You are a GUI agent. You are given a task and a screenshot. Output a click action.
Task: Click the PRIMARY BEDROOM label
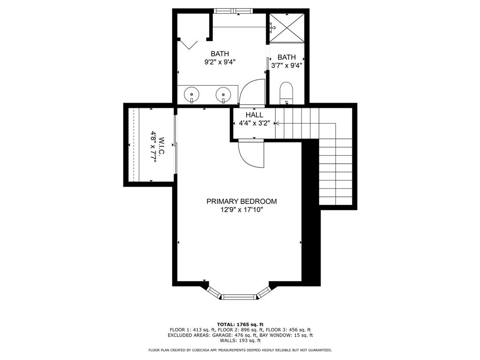click(x=241, y=201)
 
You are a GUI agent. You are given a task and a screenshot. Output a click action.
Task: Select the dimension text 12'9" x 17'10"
click(x=241, y=210)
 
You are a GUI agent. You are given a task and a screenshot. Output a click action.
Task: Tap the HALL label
click(x=254, y=115)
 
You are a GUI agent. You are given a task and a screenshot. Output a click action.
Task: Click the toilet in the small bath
click(x=285, y=93)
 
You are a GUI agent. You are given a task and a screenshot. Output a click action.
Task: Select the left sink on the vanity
click(x=192, y=95)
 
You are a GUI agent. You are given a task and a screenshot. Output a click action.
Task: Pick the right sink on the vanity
click(x=224, y=96)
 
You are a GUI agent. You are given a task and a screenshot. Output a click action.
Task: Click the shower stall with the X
click(x=286, y=28)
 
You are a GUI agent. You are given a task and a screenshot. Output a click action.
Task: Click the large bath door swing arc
click(x=252, y=91)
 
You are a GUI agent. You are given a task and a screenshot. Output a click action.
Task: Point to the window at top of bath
click(x=233, y=11)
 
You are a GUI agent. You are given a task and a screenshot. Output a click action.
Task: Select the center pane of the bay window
click(x=239, y=296)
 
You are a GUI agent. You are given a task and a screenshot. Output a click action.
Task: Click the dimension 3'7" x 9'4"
click(x=286, y=66)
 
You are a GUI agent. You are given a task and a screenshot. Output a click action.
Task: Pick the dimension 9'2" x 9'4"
click(x=219, y=61)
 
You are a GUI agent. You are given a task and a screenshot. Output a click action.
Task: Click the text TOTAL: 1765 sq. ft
click(x=240, y=324)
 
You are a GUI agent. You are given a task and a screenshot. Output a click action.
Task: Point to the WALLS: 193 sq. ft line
click(x=240, y=341)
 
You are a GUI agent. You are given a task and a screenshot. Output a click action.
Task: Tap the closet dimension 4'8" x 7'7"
click(x=152, y=148)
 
